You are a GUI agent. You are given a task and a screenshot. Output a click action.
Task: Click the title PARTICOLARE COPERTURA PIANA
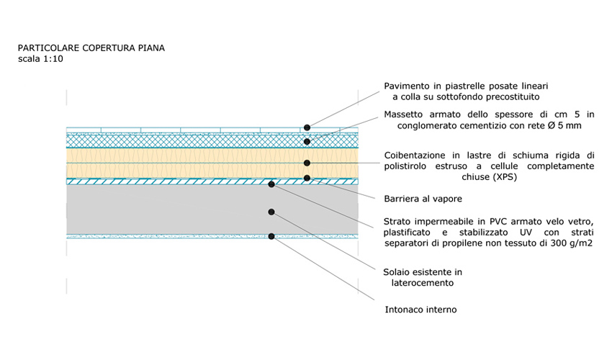(91, 48)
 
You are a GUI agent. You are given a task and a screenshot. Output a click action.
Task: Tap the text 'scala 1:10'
(40, 59)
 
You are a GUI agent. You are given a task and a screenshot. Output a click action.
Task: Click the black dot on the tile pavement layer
(307, 127)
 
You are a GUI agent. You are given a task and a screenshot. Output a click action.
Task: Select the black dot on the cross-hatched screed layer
(307, 142)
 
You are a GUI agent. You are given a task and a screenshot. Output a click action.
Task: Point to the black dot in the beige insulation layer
(307, 163)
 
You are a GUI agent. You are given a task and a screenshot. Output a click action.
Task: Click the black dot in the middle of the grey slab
(271, 212)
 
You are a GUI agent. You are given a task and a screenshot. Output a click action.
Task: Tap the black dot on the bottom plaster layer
(271, 236)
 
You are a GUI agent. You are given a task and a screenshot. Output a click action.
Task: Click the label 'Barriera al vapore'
(423, 199)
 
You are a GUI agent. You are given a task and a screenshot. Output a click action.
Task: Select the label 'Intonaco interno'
(420, 310)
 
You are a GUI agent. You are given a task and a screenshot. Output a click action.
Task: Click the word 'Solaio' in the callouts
(397, 272)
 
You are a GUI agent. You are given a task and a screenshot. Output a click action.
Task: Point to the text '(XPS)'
(504, 177)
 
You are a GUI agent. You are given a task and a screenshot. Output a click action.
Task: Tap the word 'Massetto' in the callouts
(403, 114)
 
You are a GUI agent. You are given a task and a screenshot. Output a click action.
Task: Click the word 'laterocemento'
(423, 283)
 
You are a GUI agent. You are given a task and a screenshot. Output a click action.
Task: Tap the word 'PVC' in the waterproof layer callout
(498, 222)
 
